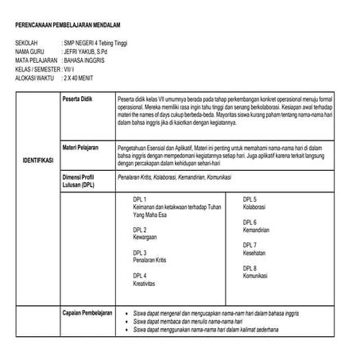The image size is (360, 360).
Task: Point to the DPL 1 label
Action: [140, 199]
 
